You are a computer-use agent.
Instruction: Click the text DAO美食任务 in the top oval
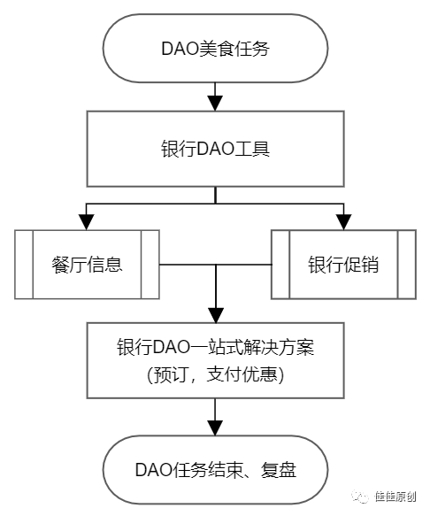coord(216,49)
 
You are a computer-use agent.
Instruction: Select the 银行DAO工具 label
coord(216,149)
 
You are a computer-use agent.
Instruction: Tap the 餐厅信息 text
coord(87,265)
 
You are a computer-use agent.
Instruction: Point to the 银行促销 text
coord(343,265)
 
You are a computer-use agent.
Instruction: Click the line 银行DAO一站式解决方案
coord(216,347)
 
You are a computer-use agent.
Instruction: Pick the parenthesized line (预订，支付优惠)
coord(216,374)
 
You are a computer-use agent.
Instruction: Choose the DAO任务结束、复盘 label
coord(216,469)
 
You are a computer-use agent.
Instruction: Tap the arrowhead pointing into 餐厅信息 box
coord(87,222)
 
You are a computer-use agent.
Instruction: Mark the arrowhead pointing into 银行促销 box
coord(344,222)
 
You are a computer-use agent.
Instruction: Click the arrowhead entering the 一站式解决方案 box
coord(216,315)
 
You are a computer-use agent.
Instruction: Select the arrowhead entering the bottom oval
coord(215,428)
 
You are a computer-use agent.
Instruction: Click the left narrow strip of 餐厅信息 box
coord(24,265)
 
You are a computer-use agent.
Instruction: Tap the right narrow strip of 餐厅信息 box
coord(150,265)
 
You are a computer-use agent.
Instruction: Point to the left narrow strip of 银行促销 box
coord(280,265)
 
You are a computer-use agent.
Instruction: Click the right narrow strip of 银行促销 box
coord(407,265)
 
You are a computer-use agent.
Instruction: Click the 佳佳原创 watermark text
coord(395,497)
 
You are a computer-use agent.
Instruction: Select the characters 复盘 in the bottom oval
coord(279,470)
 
